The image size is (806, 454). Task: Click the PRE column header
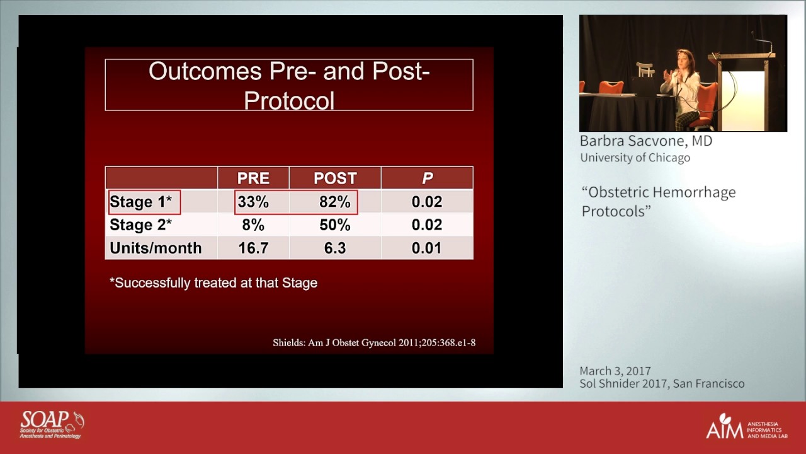253,178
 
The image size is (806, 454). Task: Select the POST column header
335,178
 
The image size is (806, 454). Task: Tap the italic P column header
427,178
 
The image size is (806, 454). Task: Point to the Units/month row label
156,248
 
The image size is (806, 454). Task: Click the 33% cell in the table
253,202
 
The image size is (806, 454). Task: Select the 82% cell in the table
335,202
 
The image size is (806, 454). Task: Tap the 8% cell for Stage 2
253,225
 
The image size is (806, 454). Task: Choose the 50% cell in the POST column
335,225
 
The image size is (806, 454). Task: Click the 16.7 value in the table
253,248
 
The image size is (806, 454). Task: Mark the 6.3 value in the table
335,248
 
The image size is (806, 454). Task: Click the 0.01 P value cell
427,248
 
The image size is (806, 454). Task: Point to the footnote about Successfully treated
213,283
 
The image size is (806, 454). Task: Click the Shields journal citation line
374,343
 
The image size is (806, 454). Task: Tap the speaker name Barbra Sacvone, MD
646,141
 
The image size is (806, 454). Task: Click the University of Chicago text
635,158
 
